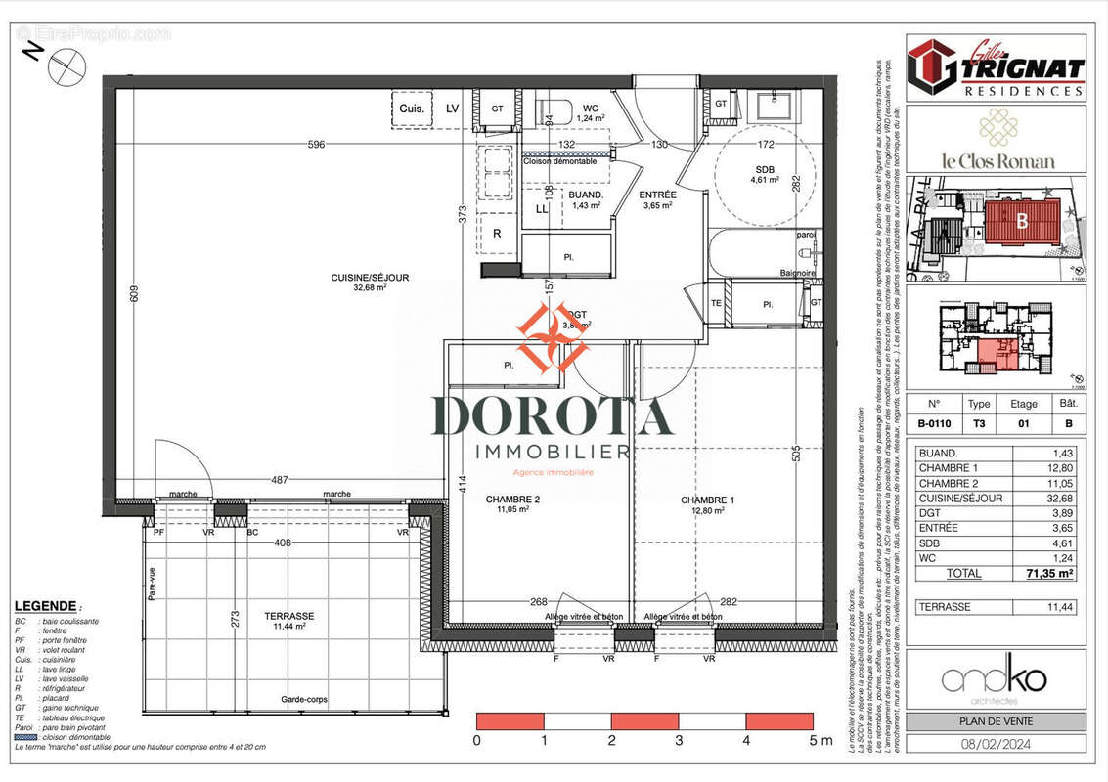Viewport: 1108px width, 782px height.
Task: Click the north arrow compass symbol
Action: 67,66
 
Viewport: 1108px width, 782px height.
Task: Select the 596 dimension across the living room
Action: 316,145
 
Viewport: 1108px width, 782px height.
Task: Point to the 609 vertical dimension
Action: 136,293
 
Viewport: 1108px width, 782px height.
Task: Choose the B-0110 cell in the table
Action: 933,424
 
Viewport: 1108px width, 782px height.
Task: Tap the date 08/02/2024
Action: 996,744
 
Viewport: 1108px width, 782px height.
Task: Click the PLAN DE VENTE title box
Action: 996,721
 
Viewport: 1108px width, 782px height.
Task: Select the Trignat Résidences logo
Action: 996,67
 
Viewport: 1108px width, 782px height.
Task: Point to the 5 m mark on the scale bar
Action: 819,740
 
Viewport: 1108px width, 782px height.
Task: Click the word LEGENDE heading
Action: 45,606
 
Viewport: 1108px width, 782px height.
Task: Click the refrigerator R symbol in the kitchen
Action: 497,234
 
